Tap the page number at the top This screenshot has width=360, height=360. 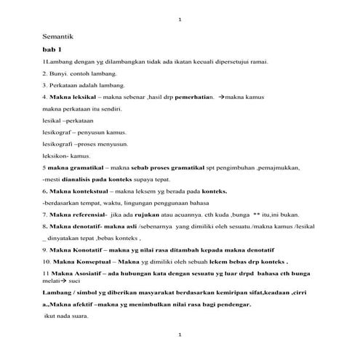(180, 17)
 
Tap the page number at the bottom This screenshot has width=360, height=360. (180, 334)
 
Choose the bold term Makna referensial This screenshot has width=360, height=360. (78, 214)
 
